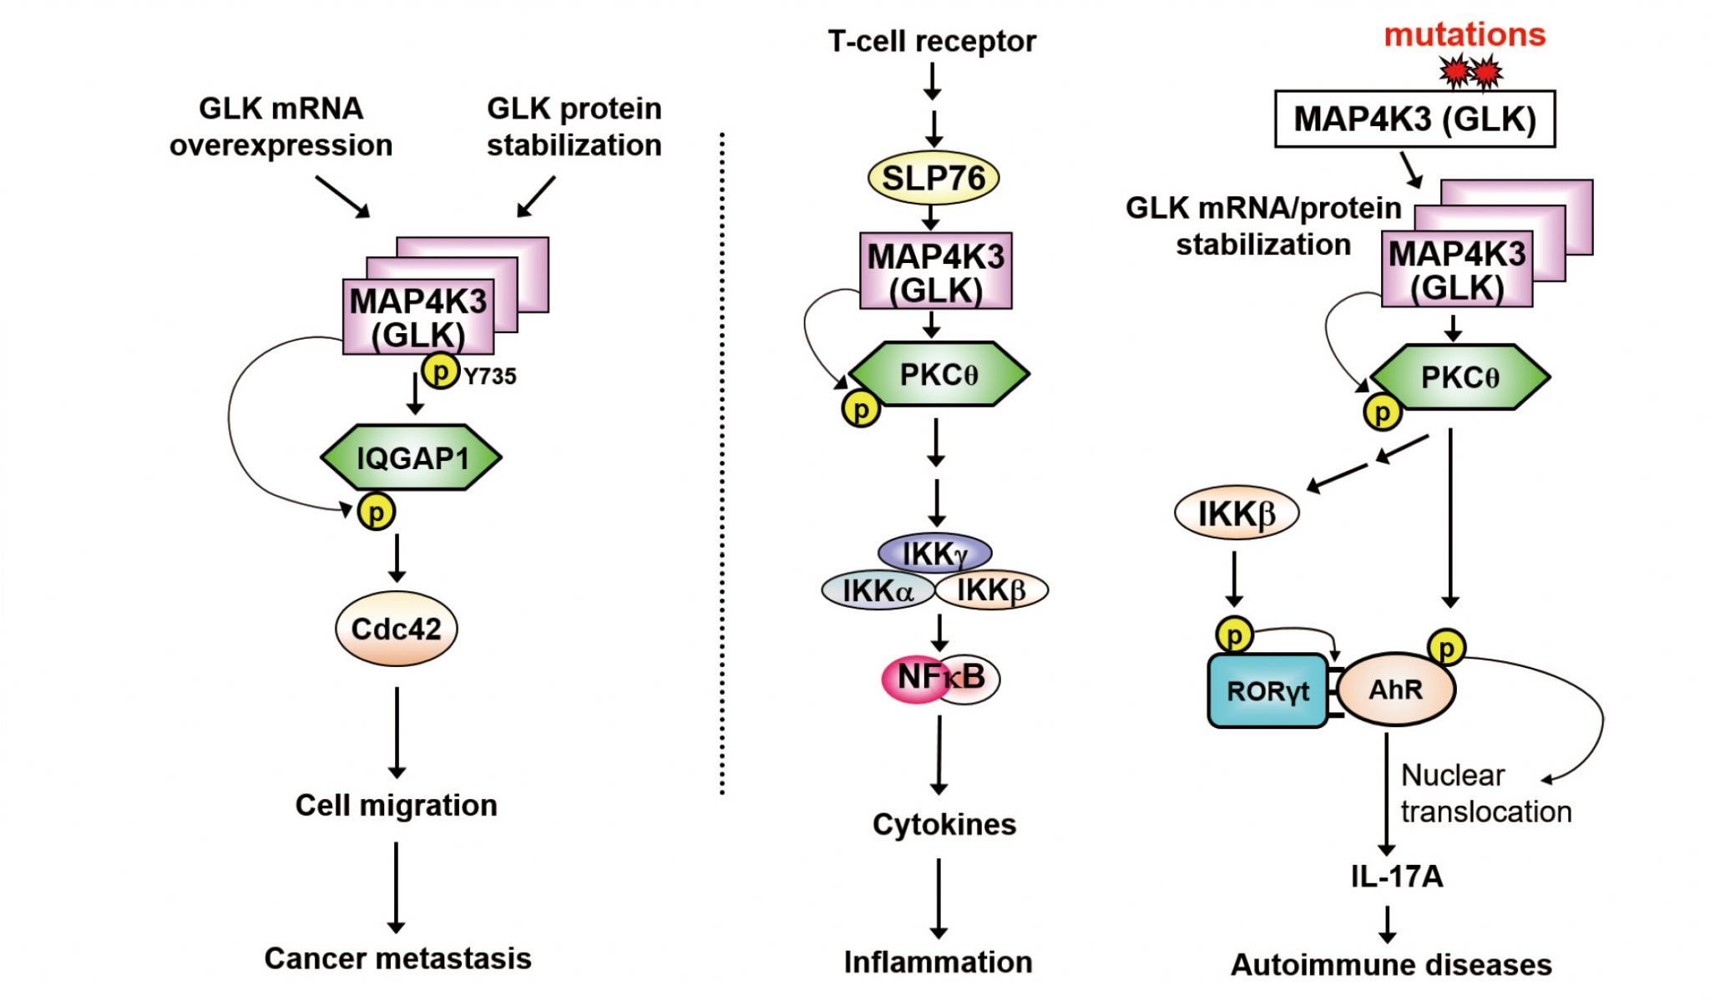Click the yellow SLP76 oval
pos(933,178)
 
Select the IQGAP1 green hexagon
pos(412,458)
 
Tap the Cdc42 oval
pos(396,629)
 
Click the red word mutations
pos(1465,35)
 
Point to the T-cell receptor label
pos(932,41)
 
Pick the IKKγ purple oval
pos(935,554)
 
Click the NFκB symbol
pos(940,678)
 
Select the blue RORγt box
pos(1267,690)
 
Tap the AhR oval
pos(1396,690)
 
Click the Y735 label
pos(490,377)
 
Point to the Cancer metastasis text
pos(397,958)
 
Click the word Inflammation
pos(938,962)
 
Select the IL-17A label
pos(1397,877)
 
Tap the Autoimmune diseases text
pos(1391,965)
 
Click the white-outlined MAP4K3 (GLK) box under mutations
pos(1414,119)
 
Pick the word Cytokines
pos(944,825)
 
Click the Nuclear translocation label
pos(1485,793)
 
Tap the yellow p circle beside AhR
pos(1447,648)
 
